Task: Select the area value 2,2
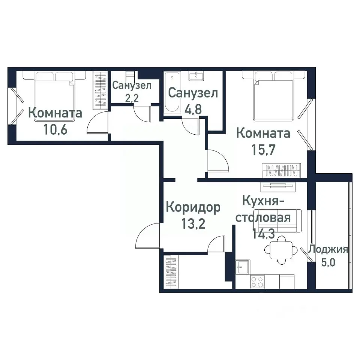[132, 98]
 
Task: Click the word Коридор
[193, 207]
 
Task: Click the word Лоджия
[328, 250]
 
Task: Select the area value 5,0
[328, 261]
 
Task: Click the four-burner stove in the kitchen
[257, 282]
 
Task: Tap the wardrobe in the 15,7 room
[281, 170]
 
